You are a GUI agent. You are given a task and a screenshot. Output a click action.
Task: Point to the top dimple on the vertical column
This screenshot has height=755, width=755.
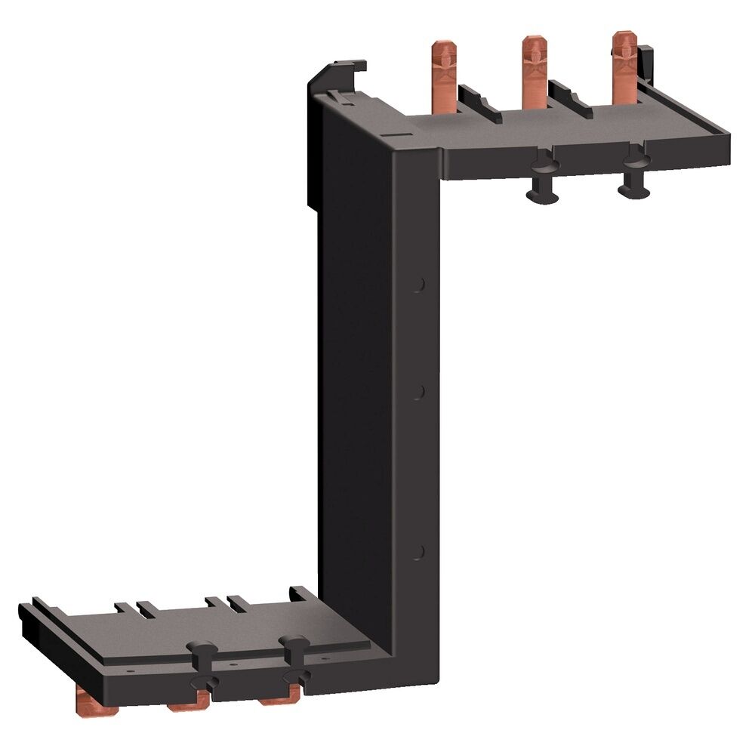pos(420,285)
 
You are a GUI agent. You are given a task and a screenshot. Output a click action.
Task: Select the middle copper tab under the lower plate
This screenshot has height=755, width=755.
pos(188,704)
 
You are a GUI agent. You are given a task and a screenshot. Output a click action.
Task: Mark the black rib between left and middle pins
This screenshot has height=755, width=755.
pos(479,104)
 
